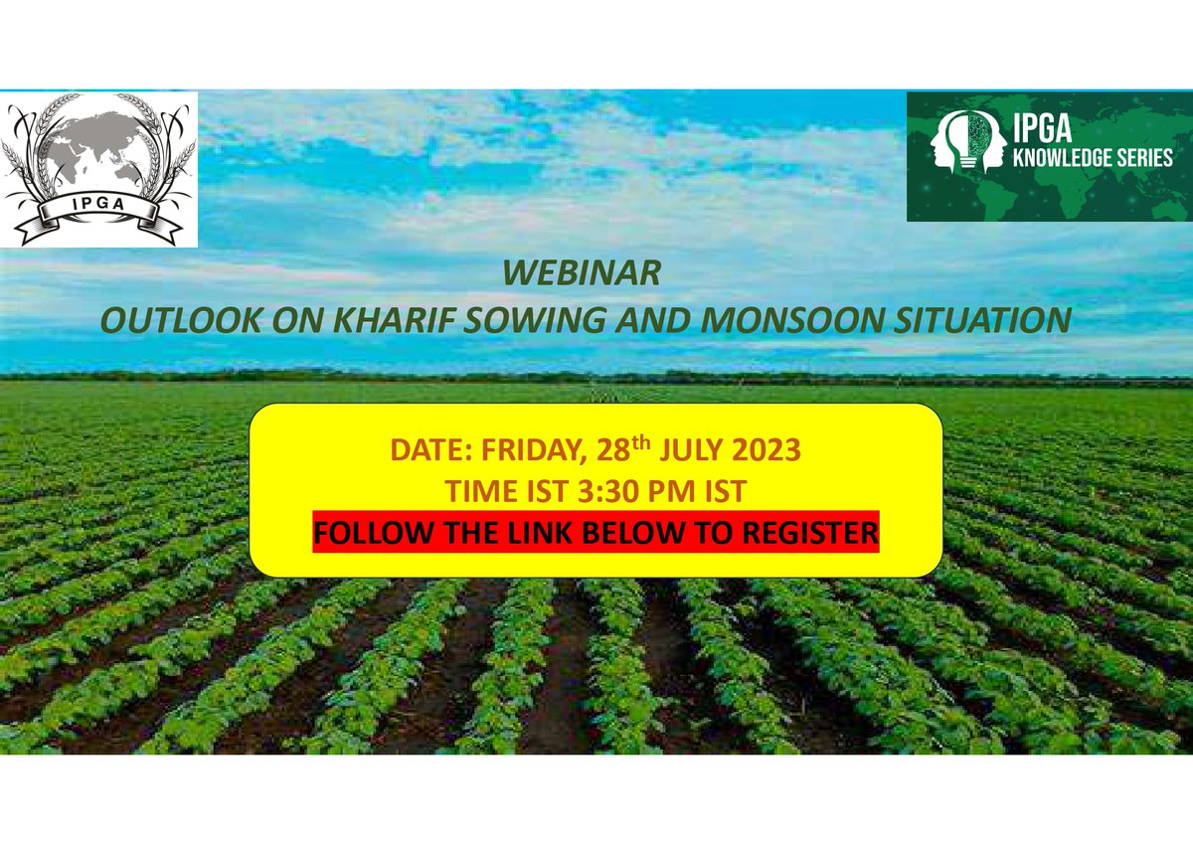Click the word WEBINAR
(x=582, y=272)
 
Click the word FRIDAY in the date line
(x=525, y=450)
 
